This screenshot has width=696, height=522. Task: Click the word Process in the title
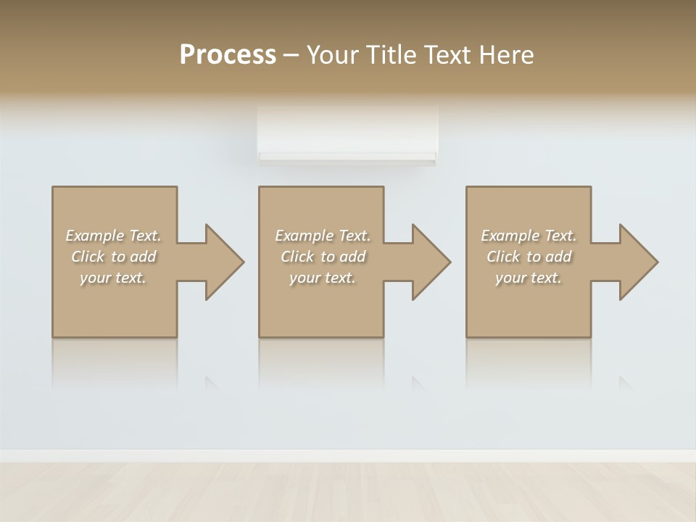tap(228, 55)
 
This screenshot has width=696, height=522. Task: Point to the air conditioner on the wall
tap(347, 134)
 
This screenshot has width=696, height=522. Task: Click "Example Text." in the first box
tap(113, 236)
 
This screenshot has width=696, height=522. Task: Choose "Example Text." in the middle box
tap(322, 236)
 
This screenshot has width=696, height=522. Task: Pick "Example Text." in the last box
tap(529, 236)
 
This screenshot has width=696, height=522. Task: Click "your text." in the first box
tap(113, 278)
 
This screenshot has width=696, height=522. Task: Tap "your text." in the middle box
tap(322, 278)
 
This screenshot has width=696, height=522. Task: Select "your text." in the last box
tap(529, 278)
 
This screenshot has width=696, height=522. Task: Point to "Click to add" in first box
tap(113, 257)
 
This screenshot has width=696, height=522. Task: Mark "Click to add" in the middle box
tap(322, 257)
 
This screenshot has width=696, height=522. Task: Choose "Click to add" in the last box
tap(529, 257)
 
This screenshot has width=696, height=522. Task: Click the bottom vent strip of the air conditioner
tap(347, 157)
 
